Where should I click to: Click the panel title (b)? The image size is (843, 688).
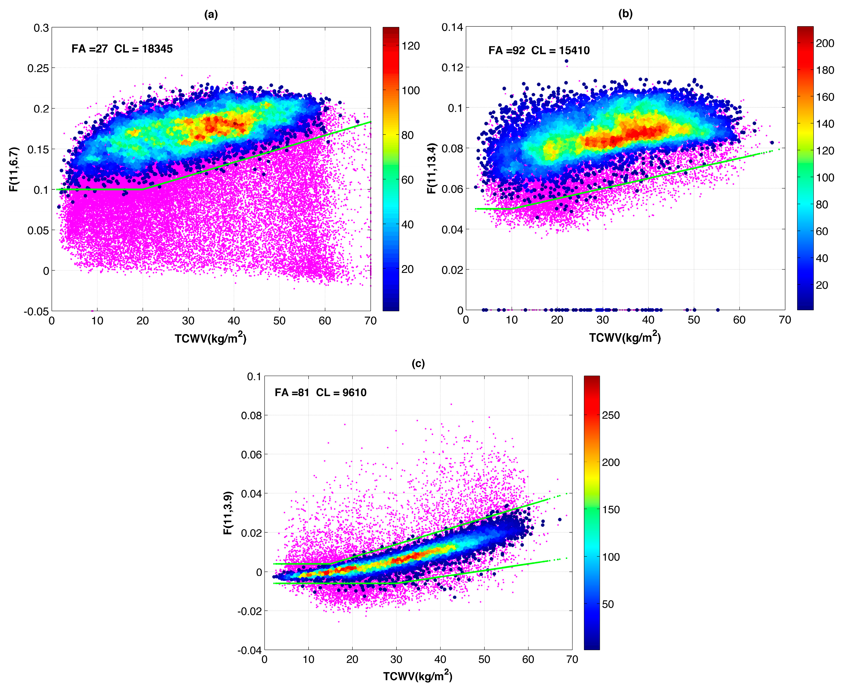pos(625,14)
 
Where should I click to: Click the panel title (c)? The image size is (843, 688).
pos(418,363)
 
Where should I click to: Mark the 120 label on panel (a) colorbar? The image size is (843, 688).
pos(410,46)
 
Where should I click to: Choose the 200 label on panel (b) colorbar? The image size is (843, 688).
pos(825,43)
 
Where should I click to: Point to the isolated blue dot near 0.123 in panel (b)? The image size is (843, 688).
pos(566,61)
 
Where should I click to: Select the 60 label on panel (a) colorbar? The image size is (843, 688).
pos(408,180)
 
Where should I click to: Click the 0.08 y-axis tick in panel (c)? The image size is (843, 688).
pos(251,415)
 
